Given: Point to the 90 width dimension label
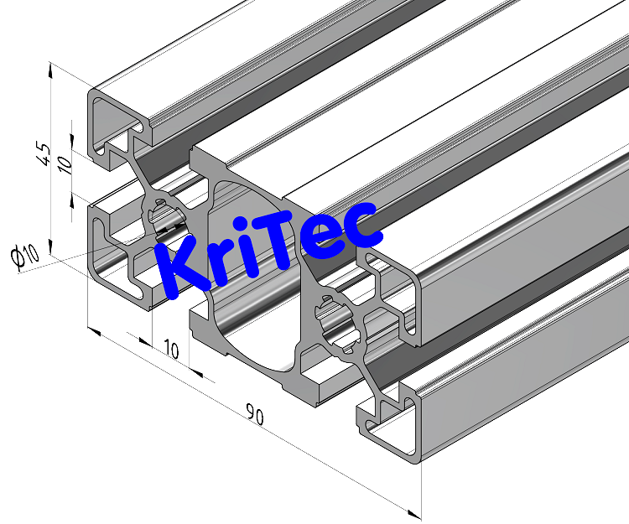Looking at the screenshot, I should pos(254,414).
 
